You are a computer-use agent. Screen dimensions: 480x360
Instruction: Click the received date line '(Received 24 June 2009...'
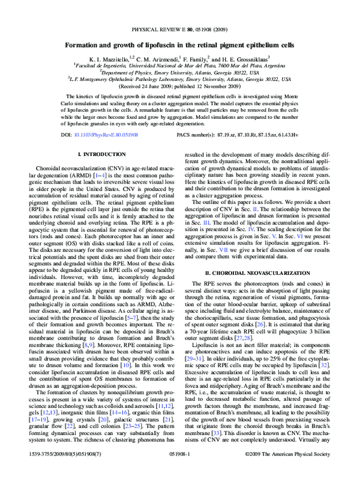(180, 86)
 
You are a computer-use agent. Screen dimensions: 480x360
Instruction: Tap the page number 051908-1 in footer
(180, 472)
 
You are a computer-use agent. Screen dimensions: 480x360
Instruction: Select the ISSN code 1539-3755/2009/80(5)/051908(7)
(61, 472)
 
